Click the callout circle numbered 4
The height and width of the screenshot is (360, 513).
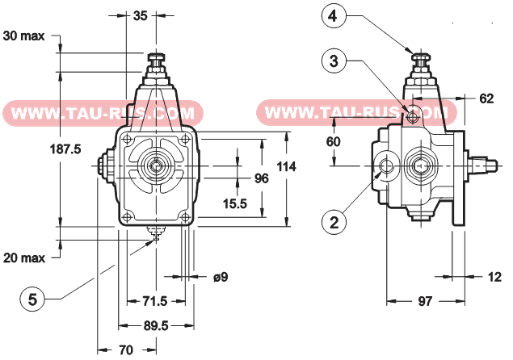(334, 15)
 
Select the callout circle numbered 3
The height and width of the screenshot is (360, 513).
(334, 61)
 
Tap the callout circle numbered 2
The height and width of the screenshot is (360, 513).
(334, 223)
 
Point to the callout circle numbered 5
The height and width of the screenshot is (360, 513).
(32, 299)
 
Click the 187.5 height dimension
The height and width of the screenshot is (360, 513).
(65, 149)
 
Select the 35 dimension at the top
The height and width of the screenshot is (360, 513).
(141, 15)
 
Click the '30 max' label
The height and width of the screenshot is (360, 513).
(23, 36)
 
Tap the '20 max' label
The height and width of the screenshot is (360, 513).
(24, 258)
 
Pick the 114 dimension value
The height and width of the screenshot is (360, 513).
(286, 166)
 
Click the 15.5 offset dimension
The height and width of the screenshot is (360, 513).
(235, 203)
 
